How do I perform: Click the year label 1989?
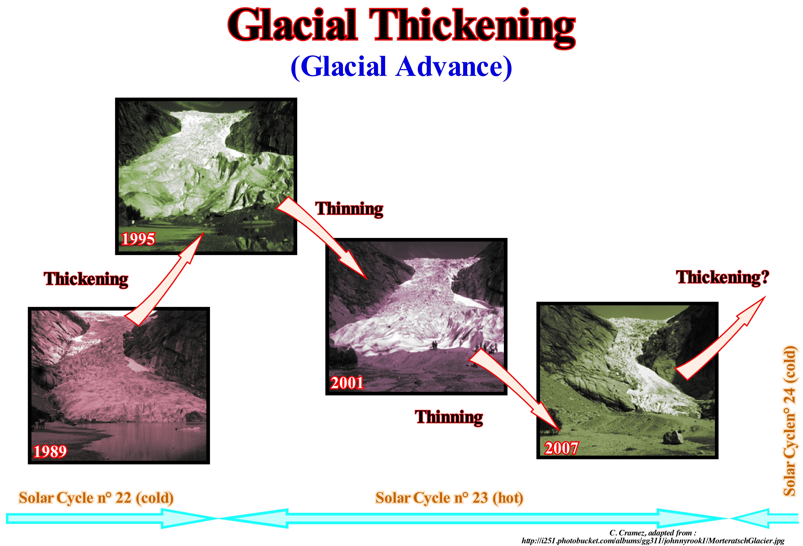[x=50, y=451]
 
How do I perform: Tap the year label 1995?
[x=138, y=239]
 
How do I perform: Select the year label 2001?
[x=347, y=383]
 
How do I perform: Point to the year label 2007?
[x=561, y=448]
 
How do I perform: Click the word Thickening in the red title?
[x=472, y=28]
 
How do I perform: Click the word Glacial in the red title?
[x=292, y=25]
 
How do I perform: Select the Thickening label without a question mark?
[x=86, y=279]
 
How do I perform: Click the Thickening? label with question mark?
[x=723, y=278]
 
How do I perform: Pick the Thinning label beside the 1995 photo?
[x=349, y=209]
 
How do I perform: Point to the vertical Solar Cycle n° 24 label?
[x=790, y=421]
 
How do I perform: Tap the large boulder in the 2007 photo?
[x=672, y=436]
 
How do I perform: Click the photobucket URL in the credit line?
[x=653, y=541]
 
